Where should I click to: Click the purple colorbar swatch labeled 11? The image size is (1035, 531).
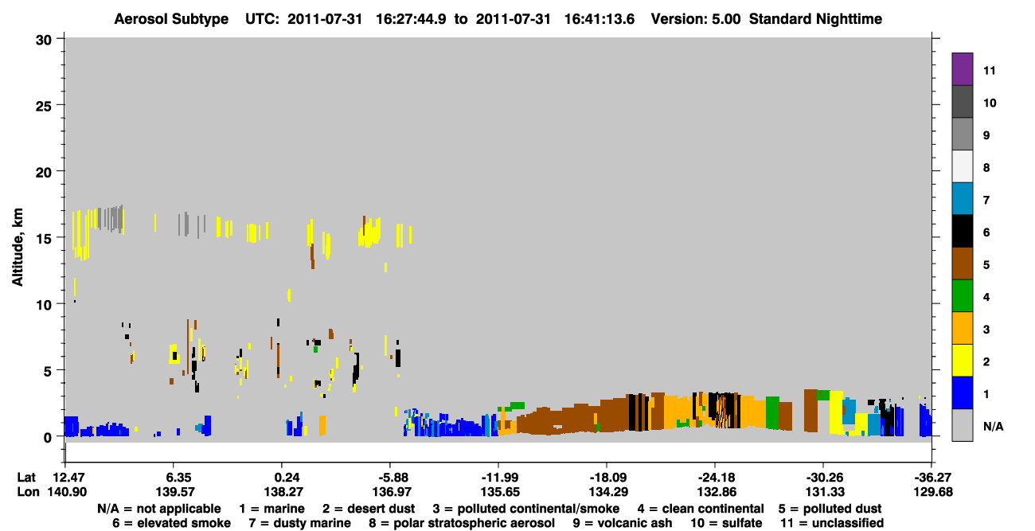click(962, 68)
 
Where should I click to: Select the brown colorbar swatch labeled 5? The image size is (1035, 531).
click(962, 264)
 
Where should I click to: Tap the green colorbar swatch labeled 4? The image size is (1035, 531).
click(962, 296)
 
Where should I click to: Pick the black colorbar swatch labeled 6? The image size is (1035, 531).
click(962, 231)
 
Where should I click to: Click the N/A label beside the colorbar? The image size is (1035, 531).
click(993, 426)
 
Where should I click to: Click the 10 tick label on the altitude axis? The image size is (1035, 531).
click(44, 305)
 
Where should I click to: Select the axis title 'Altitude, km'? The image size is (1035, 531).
click(17, 248)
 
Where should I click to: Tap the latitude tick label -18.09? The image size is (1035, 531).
click(607, 478)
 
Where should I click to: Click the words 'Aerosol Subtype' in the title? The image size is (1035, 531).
click(171, 19)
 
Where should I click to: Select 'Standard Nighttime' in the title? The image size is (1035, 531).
click(815, 19)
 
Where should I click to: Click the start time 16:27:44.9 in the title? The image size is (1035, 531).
click(411, 19)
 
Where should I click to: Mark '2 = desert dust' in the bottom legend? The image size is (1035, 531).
click(369, 509)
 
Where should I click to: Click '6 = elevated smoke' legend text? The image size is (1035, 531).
click(171, 523)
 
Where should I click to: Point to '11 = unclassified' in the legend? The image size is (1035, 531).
click(832, 523)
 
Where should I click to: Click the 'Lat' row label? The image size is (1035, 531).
click(25, 478)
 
